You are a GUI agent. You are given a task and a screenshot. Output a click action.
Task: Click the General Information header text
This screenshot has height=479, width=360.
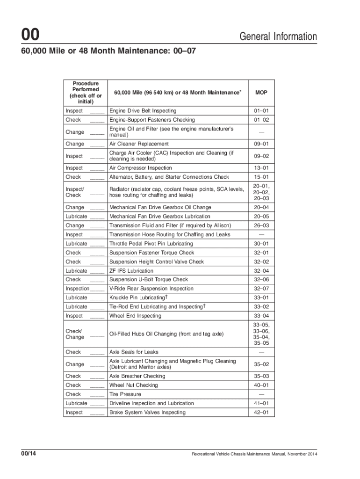coord(278,36)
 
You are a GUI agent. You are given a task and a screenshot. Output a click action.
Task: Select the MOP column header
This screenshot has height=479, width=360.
coord(261,93)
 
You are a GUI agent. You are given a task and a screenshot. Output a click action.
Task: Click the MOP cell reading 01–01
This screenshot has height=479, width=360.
coord(261,111)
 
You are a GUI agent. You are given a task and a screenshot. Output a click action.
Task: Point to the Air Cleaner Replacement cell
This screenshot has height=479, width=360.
coord(139,144)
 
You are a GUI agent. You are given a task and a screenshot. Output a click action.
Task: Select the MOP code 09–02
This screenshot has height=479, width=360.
coord(261,156)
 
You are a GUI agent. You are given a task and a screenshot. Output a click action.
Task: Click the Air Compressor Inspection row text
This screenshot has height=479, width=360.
coord(140,168)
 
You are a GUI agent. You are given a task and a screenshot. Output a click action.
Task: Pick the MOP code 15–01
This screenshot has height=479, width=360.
coord(261,177)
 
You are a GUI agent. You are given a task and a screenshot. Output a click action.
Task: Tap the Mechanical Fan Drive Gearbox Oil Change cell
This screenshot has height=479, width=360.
coord(160,207)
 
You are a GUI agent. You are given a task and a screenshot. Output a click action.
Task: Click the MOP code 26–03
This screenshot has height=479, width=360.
coord(261,225)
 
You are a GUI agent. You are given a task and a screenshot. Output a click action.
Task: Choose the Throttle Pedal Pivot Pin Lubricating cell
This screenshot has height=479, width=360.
coord(151,244)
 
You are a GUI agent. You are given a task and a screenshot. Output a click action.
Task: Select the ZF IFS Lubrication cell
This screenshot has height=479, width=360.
coord(131,271)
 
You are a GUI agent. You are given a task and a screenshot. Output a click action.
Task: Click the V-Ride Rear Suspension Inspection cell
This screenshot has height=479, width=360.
coord(151,289)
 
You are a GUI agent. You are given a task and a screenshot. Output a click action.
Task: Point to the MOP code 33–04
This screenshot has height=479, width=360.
coord(261,316)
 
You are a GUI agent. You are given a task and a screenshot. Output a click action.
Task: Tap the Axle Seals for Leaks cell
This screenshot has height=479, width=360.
coord(134,352)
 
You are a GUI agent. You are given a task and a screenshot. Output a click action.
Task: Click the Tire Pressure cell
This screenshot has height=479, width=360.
coord(125,394)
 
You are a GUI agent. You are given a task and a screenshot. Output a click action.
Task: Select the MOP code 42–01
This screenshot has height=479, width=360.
coord(261,413)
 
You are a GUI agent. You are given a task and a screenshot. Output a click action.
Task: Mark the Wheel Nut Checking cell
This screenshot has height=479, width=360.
coord(133,385)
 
